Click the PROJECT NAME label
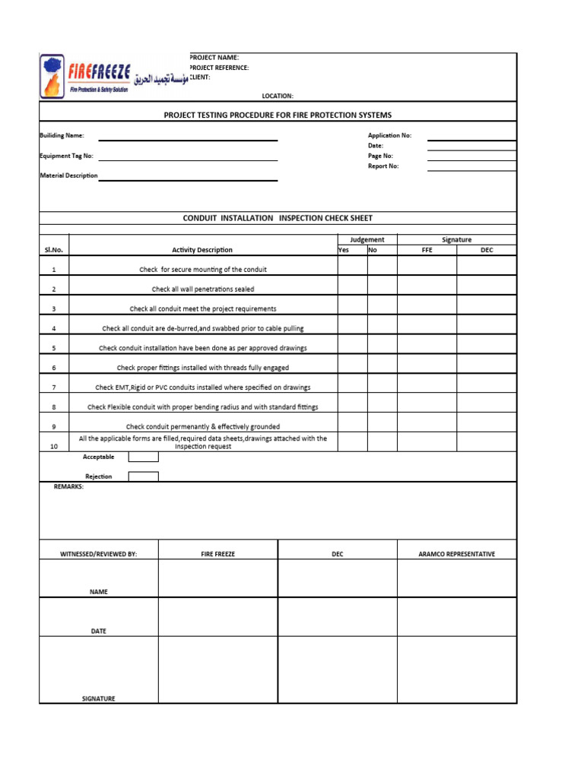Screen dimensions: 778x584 (214, 58)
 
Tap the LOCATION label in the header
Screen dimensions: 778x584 (278, 96)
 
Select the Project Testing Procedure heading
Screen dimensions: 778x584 (278, 115)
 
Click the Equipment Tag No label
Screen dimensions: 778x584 (66, 156)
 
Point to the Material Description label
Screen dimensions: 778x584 (68, 176)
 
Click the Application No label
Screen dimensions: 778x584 (389, 135)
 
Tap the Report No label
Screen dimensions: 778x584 (383, 166)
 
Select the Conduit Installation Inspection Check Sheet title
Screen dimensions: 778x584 (278, 218)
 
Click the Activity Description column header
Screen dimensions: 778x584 (202, 250)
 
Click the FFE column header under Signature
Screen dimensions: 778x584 (427, 250)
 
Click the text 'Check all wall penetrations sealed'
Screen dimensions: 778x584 (203, 289)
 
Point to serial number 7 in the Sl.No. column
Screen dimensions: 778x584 (54, 387)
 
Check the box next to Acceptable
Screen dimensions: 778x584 (143, 457)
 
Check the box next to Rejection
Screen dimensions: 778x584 (143, 476)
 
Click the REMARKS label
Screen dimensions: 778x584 (68, 486)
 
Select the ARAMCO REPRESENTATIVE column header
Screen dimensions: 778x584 (456, 554)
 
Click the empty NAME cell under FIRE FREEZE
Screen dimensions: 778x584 (217, 578)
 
